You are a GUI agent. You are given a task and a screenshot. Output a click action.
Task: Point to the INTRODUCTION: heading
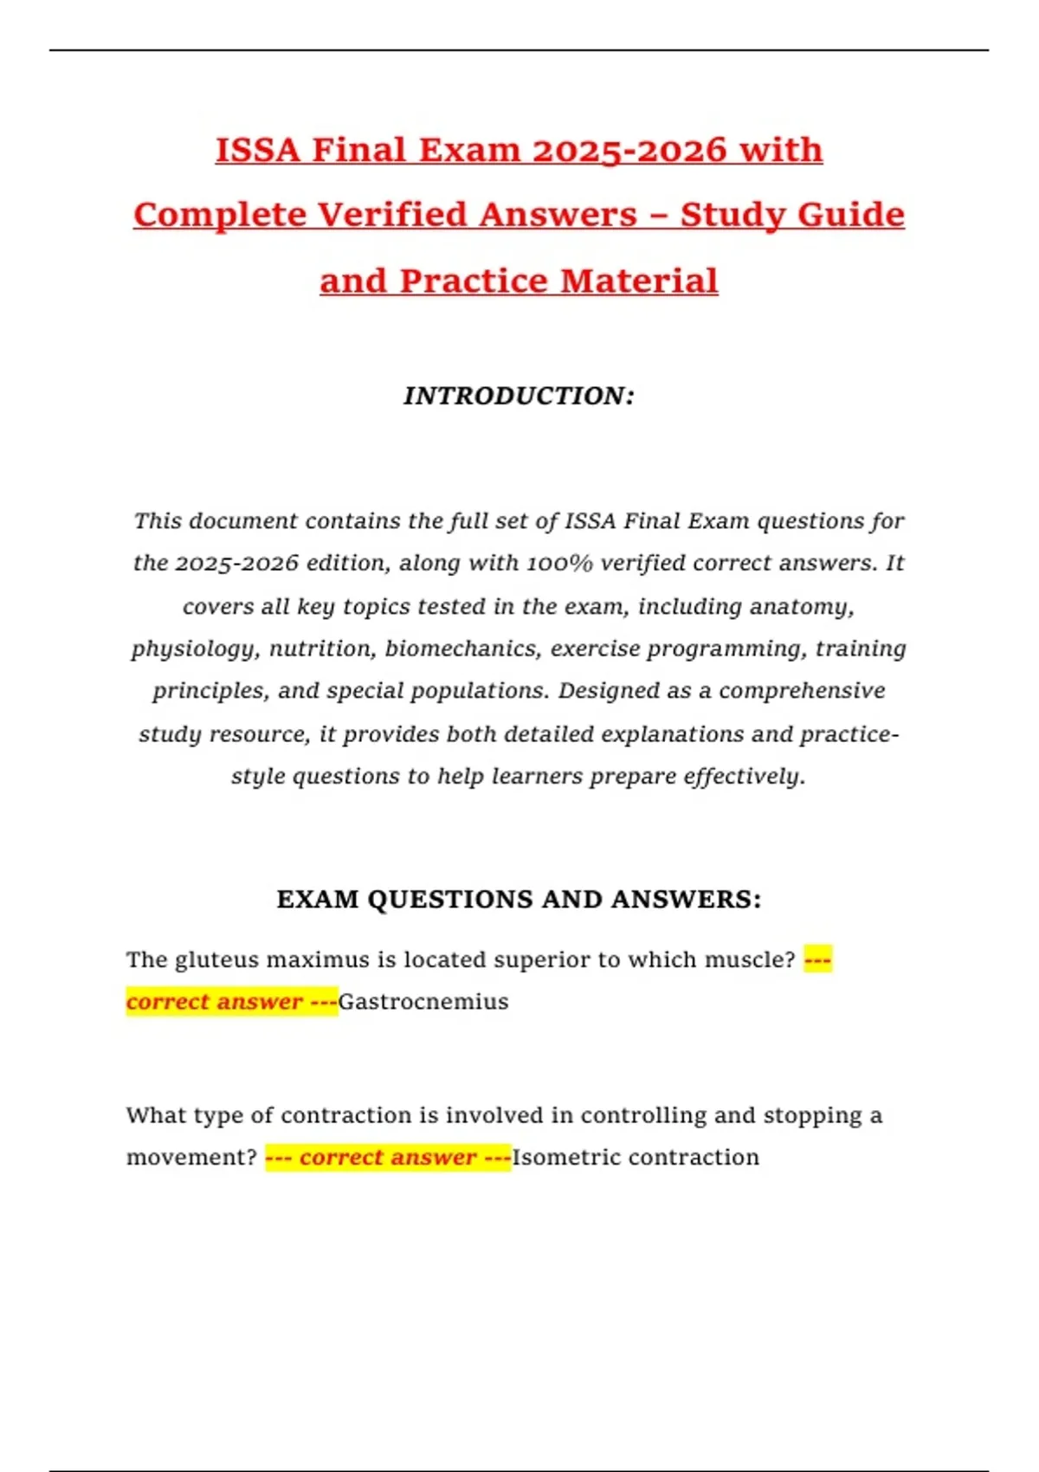pyautogui.click(x=519, y=396)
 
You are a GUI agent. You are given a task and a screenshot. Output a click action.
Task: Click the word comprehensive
pyautogui.click(x=802, y=691)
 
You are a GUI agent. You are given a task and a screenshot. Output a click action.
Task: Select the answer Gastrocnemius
pyautogui.click(x=423, y=1002)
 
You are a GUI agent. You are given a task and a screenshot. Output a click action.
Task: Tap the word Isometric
pyautogui.click(x=566, y=1158)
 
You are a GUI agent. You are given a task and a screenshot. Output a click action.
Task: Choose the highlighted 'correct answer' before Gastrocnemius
pyautogui.click(x=215, y=1002)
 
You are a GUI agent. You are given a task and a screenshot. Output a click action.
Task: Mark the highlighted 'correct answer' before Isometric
pyautogui.click(x=388, y=1158)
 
